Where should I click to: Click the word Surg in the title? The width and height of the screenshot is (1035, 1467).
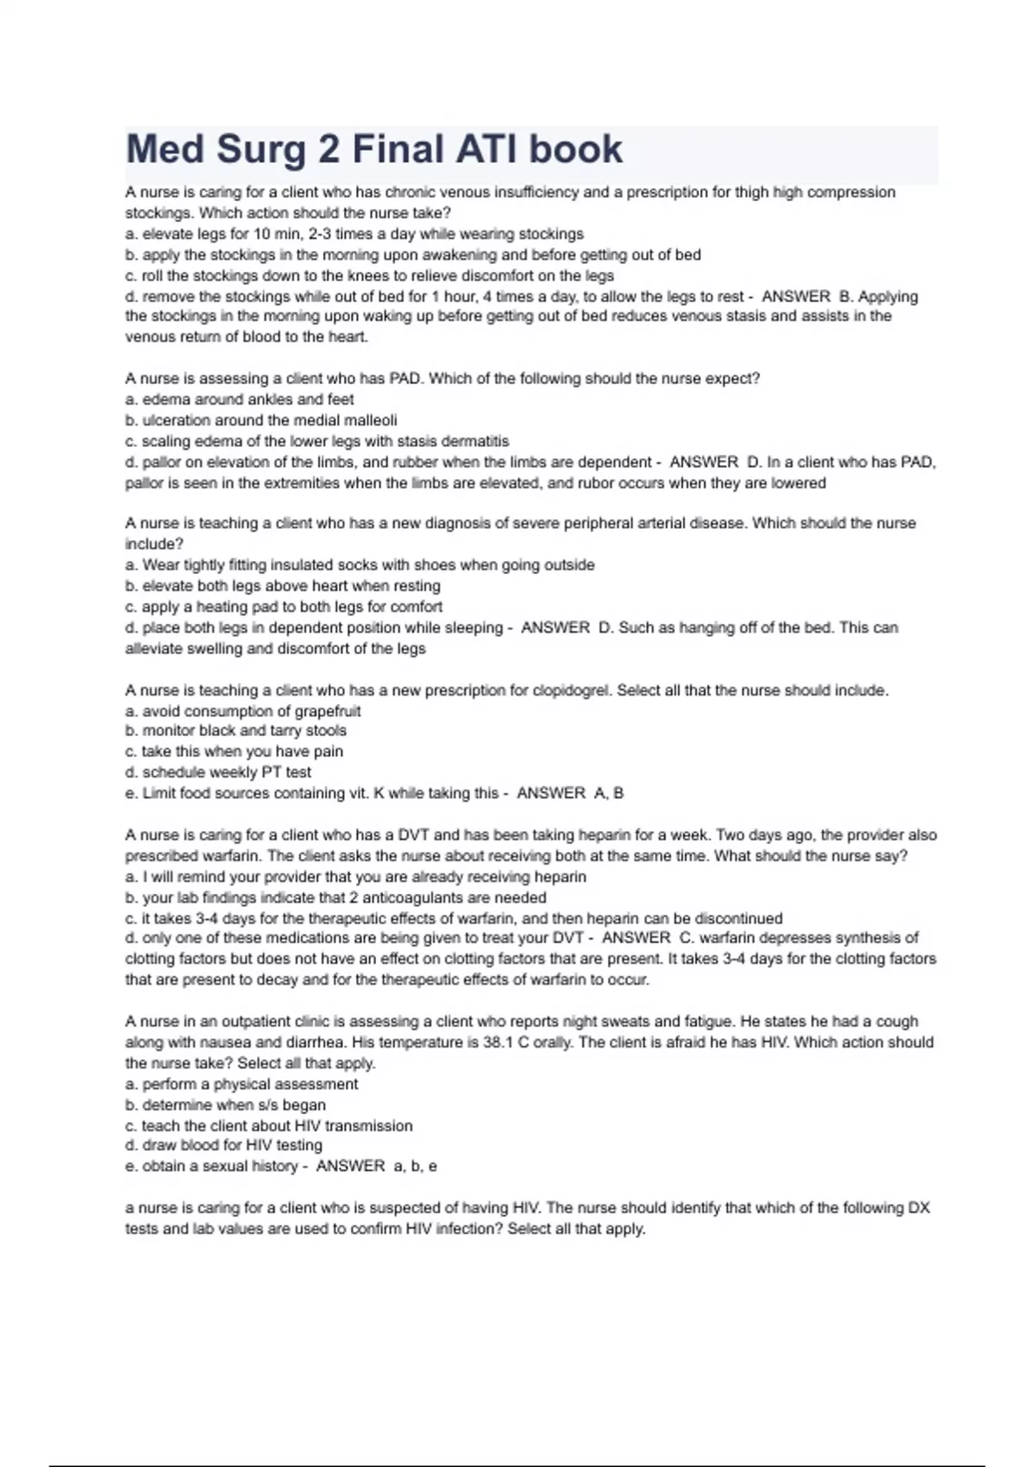coord(260,149)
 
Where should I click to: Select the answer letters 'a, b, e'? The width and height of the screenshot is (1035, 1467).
coord(415,1167)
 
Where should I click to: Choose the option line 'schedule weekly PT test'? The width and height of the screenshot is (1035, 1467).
coord(218,772)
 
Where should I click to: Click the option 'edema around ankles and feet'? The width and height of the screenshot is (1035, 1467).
coord(240,400)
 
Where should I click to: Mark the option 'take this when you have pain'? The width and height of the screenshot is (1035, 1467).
coord(234,752)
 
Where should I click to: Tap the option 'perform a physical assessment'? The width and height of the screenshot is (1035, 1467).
coord(241,1084)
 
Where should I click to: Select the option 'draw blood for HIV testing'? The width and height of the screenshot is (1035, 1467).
coord(224,1146)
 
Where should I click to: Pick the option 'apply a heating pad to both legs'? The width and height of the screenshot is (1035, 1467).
coord(284,607)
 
